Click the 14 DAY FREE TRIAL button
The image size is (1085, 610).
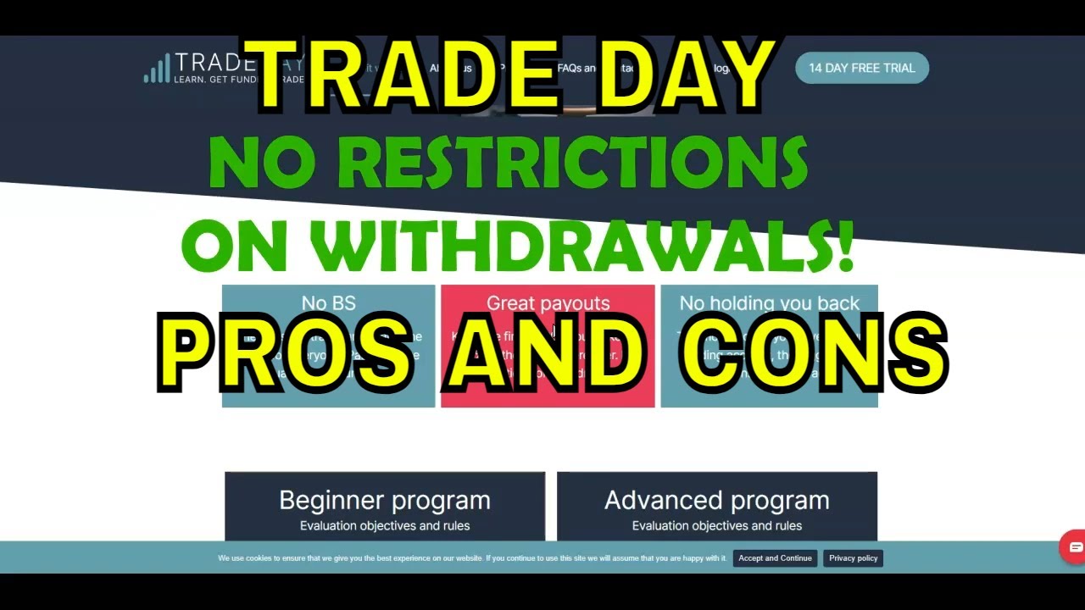tap(861, 68)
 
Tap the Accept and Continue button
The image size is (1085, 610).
tap(775, 558)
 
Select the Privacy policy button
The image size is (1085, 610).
tap(853, 558)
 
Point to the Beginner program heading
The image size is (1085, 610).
tap(385, 500)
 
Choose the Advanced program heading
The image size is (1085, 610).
tap(716, 500)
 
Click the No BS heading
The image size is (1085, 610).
tap(328, 302)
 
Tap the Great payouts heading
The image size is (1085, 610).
tap(548, 302)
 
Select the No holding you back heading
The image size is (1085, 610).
tap(769, 302)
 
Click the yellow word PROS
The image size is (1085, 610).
tap(285, 352)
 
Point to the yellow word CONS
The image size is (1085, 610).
tap(814, 352)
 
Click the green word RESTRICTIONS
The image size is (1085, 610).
tap(573, 163)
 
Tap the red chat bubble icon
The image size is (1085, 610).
tap(1074, 547)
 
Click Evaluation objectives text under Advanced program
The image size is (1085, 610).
tap(716, 525)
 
